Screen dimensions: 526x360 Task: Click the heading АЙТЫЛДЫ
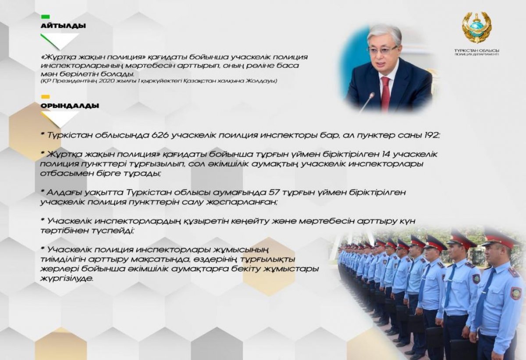(63, 25)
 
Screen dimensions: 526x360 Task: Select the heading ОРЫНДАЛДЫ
(70, 106)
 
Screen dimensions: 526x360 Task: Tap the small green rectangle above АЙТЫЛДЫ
(45, 17)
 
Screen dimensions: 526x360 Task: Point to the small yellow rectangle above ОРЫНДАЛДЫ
(45, 97)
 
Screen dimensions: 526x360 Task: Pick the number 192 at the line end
(432, 135)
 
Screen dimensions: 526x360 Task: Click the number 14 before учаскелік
(387, 154)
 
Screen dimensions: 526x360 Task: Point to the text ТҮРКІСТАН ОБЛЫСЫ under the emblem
(477, 50)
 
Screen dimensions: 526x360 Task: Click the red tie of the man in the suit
(385, 94)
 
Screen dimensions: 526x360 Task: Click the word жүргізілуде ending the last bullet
(67, 279)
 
